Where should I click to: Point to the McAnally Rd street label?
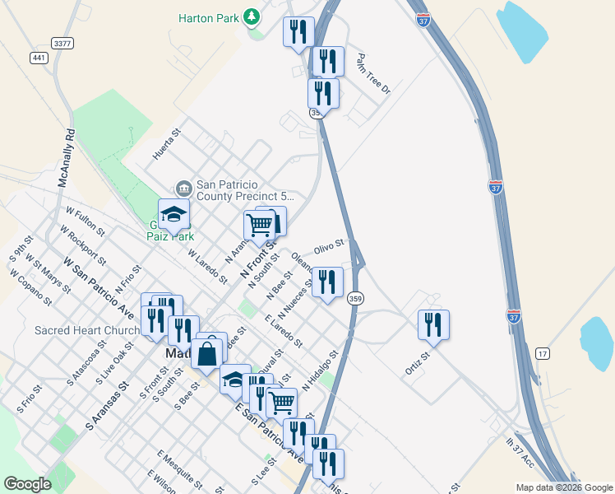point(67,156)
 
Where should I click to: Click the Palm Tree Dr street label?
point(372,74)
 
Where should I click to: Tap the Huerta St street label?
point(166,144)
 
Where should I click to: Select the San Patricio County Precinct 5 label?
point(245,191)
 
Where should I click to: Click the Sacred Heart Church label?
point(87,331)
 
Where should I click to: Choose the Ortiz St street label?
point(418,363)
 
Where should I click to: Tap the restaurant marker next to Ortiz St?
point(433,324)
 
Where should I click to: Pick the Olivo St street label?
point(328,248)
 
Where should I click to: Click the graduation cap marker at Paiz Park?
point(173,215)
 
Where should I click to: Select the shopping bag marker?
point(207,353)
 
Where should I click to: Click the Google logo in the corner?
point(27,484)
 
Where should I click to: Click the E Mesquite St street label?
point(180,466)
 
